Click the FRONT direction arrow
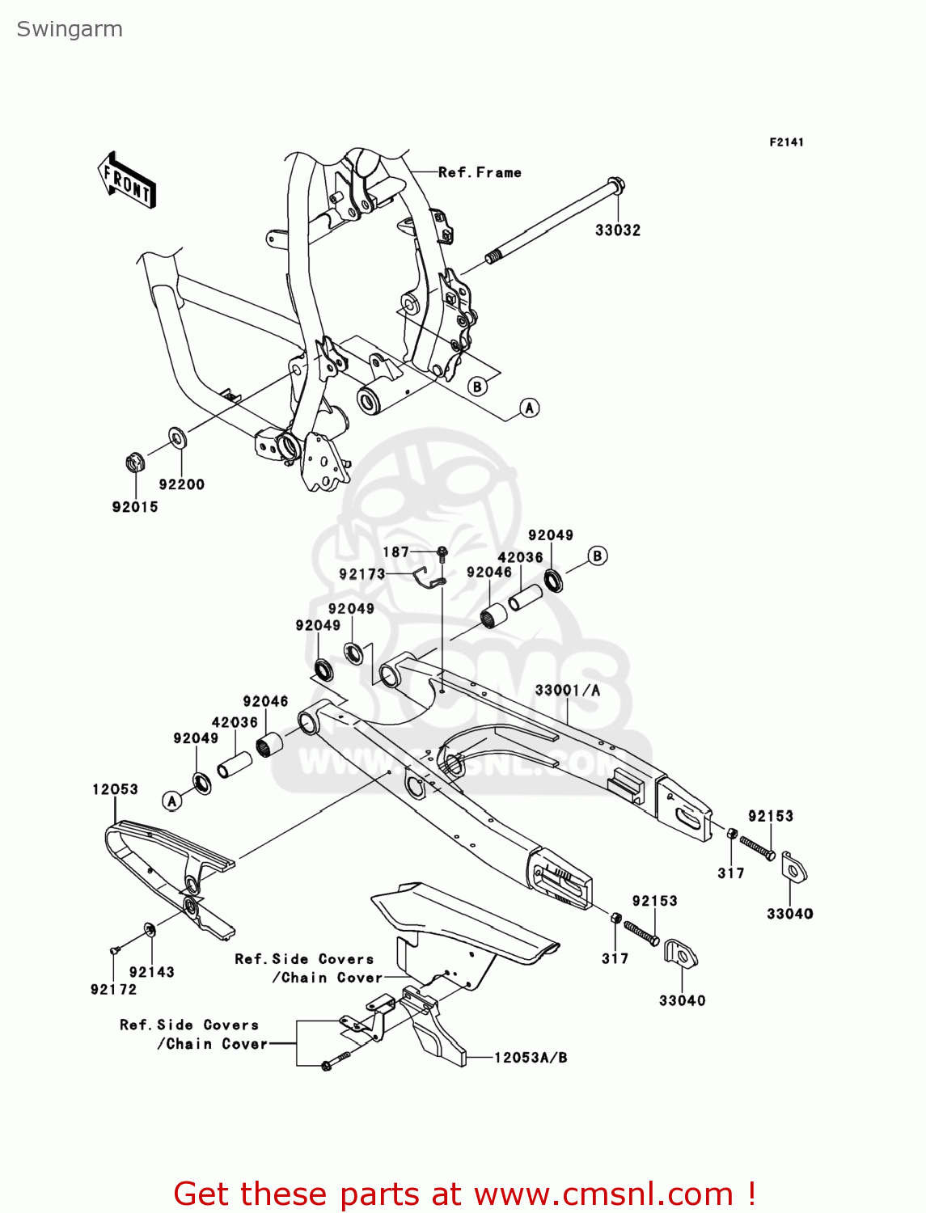point(126,180)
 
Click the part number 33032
point(617,230)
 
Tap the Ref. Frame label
point(480,172)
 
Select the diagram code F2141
point(785,142)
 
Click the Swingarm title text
point(70,30)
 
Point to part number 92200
point(181,484)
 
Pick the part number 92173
point(362,574)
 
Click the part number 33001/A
point(567,690)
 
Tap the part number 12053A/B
point(531,1057)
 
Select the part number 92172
point(113,989)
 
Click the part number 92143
point(151,972)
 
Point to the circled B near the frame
point(477,387)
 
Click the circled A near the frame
point(529,408)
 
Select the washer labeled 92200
point(178,437)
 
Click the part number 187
point(395,552)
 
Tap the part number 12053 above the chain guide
point(115,789)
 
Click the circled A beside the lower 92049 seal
point(171,801)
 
